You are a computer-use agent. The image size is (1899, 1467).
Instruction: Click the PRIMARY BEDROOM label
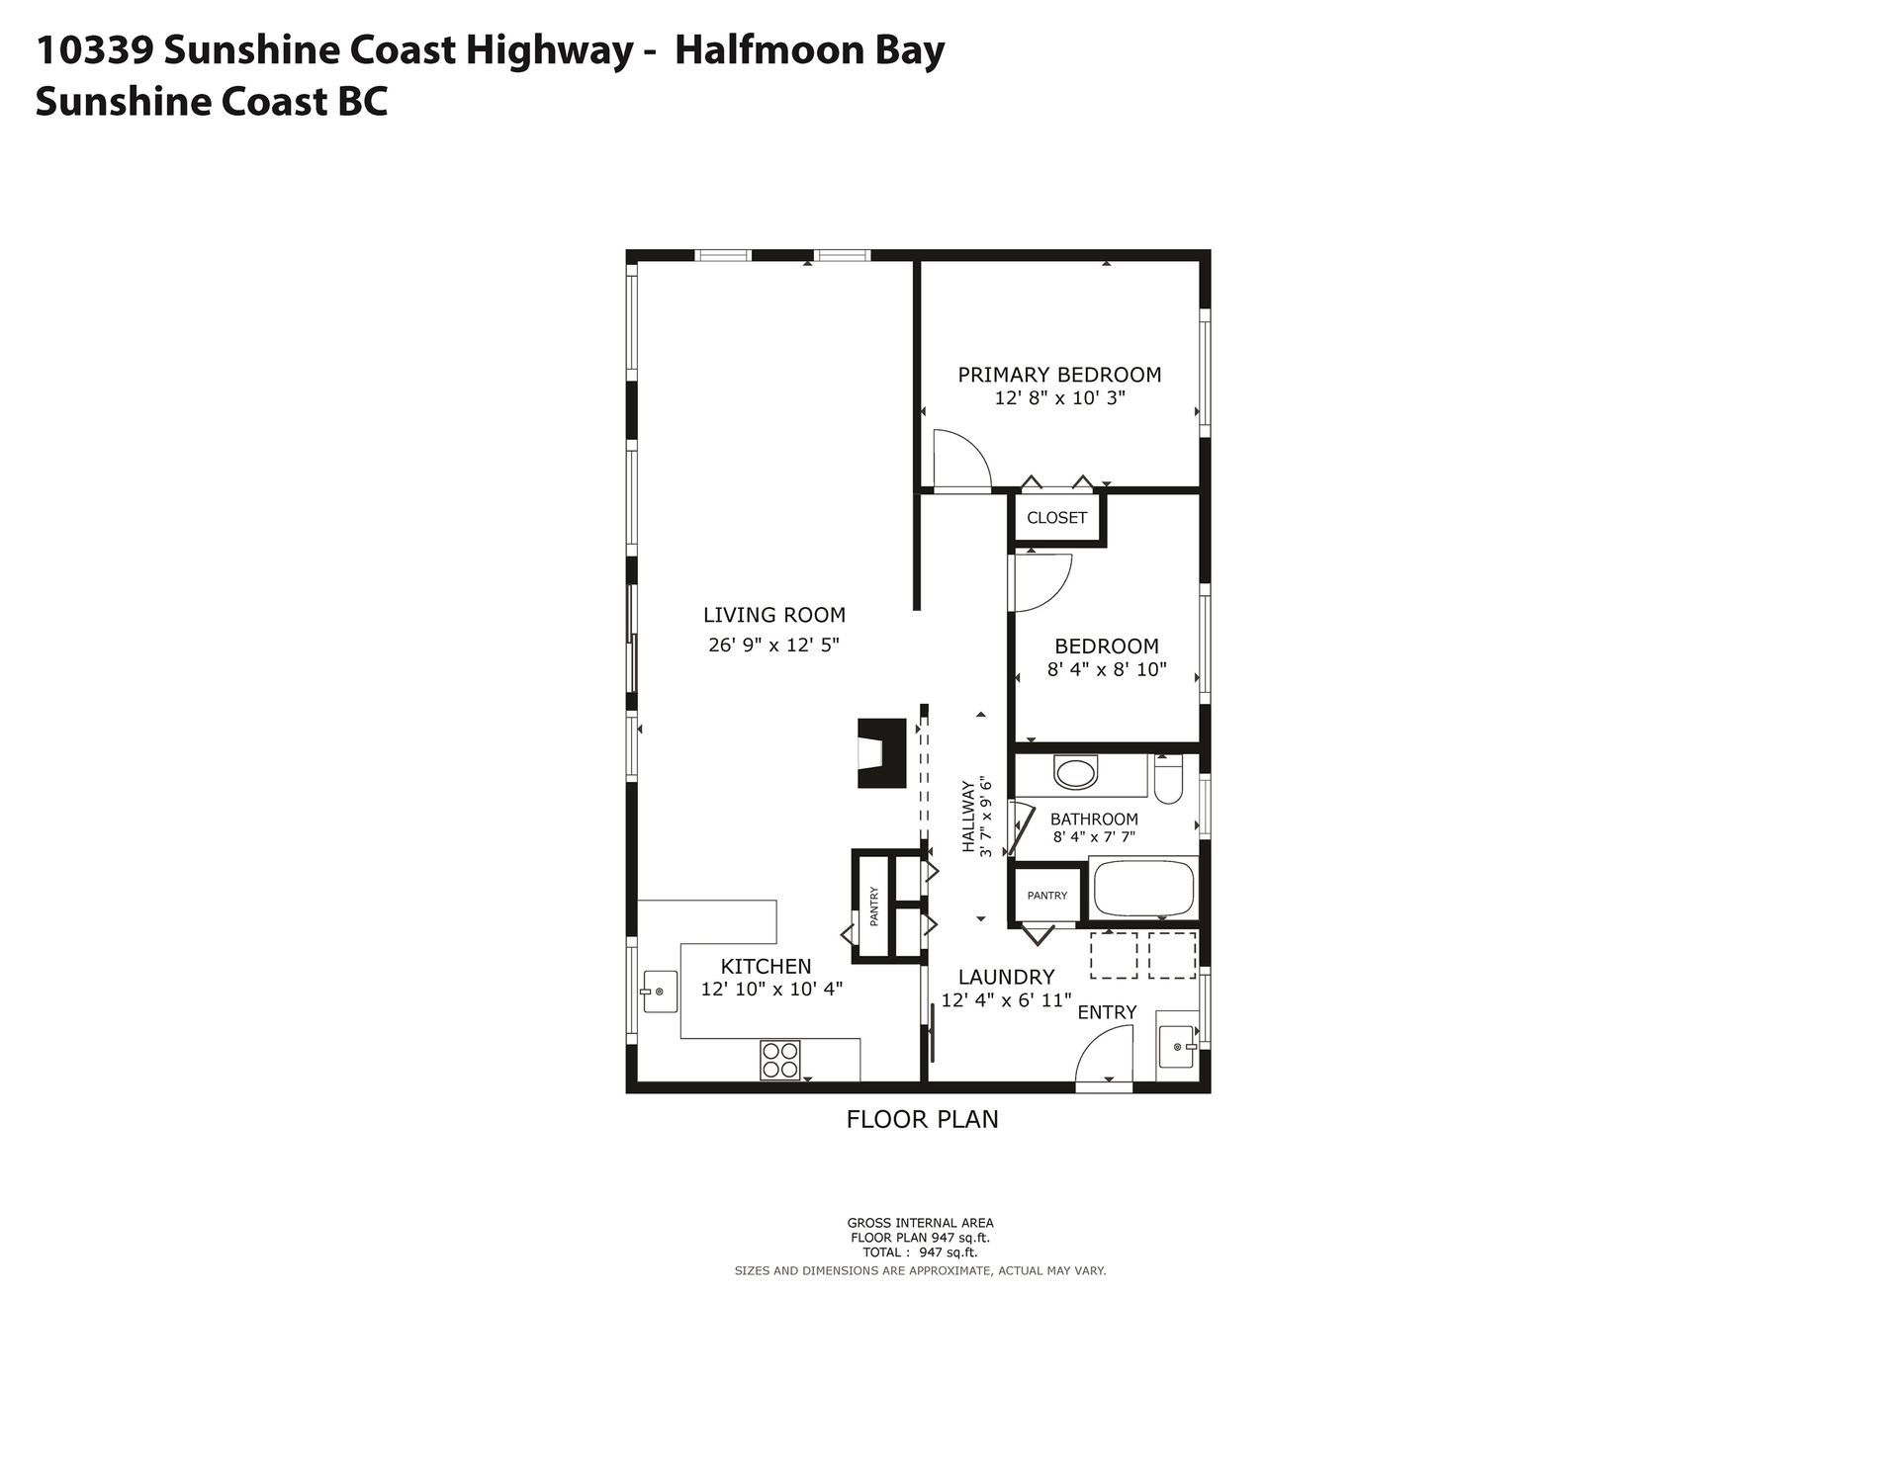(x=1059, y=375)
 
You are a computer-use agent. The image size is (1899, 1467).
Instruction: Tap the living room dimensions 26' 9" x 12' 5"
(x=773, y=646)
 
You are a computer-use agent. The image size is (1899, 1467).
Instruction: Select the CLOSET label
(x=1056, y=518)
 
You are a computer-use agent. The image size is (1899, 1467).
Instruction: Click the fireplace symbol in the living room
(x=881, y=752)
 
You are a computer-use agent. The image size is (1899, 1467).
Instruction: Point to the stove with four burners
(x=779, y=1061)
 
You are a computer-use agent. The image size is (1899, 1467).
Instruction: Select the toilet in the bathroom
(x=1168, y=778)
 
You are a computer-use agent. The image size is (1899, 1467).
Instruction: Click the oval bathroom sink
(x=1075, y=772)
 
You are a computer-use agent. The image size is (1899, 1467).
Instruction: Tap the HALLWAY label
(x=968, y=817)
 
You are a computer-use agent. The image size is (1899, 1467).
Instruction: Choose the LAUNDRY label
(x=1006, y=978)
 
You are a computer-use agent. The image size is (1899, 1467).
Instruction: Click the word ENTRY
(x=1107, y=1012)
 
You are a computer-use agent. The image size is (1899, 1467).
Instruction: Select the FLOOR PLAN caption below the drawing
(x=922, y=1119)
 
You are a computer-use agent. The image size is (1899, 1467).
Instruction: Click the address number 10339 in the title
(x=94, y=51)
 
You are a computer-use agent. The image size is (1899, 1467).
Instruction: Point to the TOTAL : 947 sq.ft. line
(x=920, y=1251)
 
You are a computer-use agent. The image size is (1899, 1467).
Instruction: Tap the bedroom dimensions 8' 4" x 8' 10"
(x=1107, y=669)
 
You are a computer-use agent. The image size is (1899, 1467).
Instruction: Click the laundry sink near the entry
(x=1177, y=1046)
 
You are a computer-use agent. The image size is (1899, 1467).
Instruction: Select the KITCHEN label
(x=766, y=967)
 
